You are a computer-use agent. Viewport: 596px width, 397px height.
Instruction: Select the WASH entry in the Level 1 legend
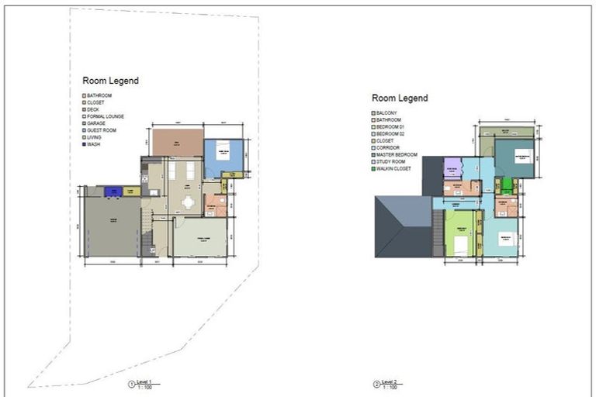click(93, 144)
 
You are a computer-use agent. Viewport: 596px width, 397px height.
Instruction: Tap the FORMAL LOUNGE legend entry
click(105, 116)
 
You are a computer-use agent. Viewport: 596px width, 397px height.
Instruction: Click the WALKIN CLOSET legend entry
click(395, 168)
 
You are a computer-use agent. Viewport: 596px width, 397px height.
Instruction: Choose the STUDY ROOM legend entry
click(391, 161)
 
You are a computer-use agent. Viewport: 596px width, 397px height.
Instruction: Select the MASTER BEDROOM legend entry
click(397, 154)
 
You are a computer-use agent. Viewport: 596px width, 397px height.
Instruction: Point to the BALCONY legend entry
click(388, 112)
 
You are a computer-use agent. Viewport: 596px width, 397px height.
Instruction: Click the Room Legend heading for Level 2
click(399, 98)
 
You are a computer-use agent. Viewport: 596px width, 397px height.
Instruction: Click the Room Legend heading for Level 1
click(110, 81)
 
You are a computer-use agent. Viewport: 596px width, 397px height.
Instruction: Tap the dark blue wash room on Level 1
click(113, 191)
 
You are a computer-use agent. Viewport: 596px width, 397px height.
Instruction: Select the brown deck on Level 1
click(177, 143)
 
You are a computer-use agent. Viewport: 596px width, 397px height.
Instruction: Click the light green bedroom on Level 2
click(460, 233)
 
